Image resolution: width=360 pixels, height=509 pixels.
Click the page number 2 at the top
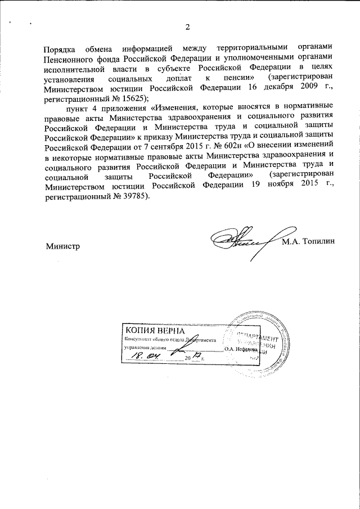(187, 27)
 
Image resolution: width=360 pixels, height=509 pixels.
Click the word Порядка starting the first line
(61, 48)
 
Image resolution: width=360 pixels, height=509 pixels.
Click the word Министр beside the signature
(62, 246)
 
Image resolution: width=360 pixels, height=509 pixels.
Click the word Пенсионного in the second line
(71, 58)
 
